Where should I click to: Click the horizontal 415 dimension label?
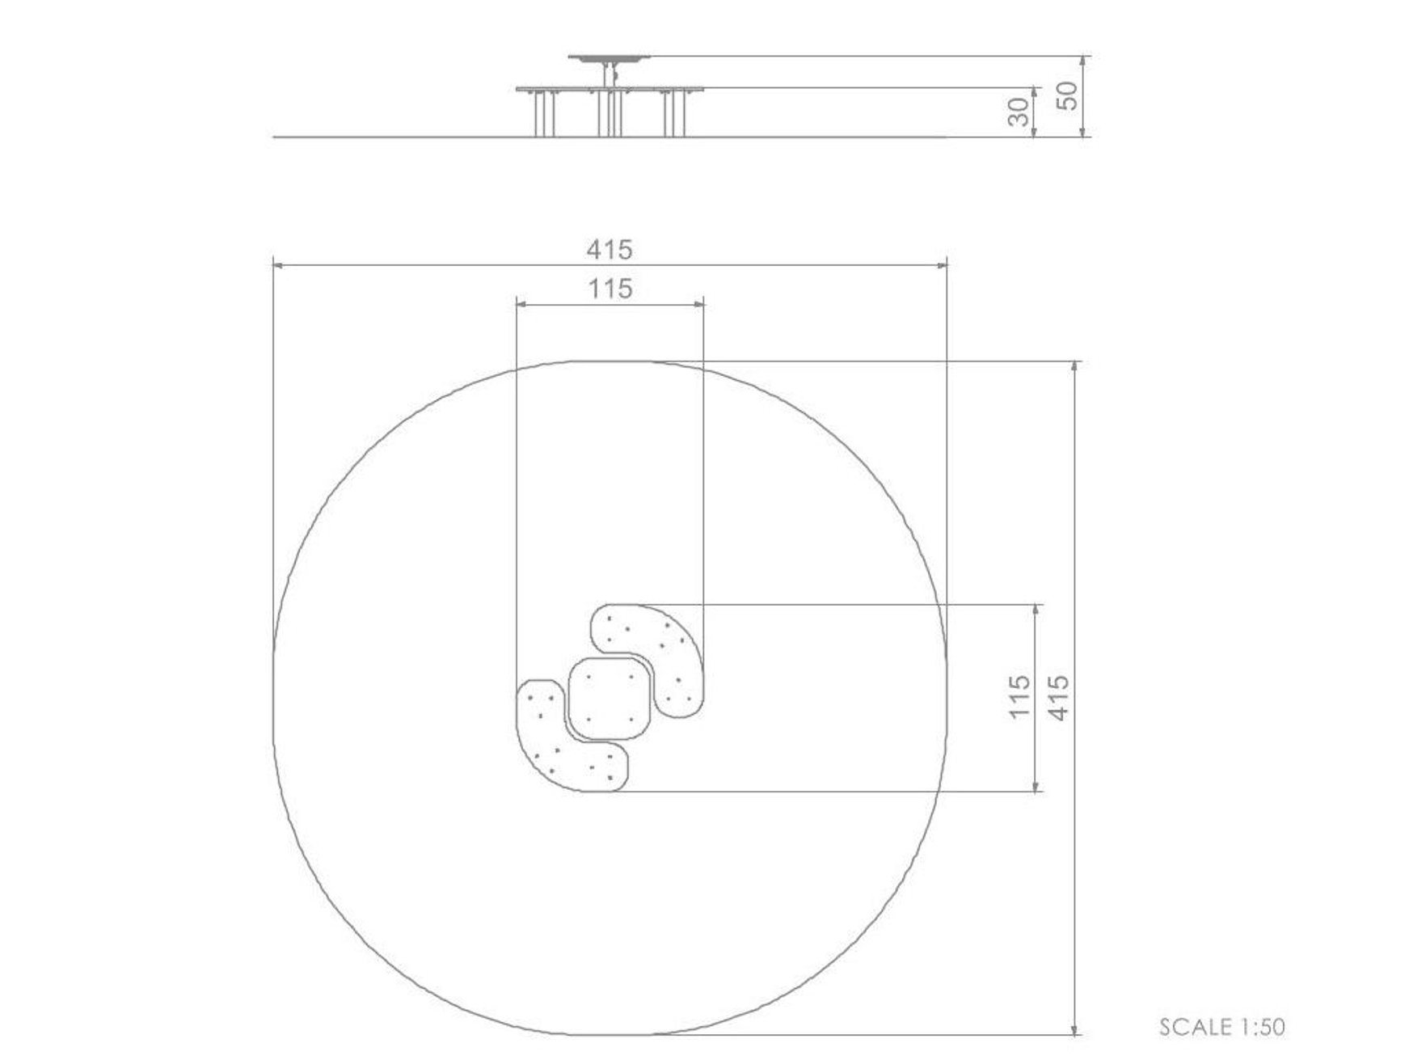(610, 250)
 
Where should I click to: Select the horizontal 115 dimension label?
(610, 289)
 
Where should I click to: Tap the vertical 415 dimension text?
(1058, 698)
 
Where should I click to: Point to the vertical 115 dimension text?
(1019, 696)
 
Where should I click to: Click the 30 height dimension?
(1020, 112)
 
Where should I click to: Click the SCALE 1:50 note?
(1221, 1027)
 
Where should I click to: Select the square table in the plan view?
(610, 698)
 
